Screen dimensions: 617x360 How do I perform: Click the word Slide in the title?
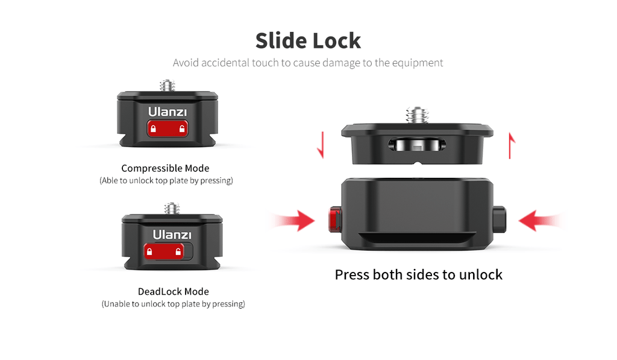[280, 40]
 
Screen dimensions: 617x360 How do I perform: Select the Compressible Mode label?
[165, 168]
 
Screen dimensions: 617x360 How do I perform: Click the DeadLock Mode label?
[173, 291]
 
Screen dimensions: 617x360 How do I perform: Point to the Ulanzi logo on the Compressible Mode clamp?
[168, 112]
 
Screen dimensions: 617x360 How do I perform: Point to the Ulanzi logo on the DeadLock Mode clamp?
[172, 235]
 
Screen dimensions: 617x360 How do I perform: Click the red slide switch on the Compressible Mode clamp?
[168, 128]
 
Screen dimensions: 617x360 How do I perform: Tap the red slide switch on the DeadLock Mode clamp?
[164, 251]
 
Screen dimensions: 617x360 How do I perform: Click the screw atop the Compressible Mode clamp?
[168, 86]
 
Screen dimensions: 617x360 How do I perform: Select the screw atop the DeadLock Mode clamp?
[172, 209]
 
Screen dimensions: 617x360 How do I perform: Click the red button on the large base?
[335, 219]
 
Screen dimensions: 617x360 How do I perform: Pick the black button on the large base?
[500, 219]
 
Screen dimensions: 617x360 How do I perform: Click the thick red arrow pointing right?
[293, 221]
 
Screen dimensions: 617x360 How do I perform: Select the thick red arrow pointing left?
[541, 221]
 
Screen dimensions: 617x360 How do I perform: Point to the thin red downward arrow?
[322, 145]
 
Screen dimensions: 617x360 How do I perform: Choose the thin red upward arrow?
[511, 146]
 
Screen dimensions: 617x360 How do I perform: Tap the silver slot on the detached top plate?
[417, 145]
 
